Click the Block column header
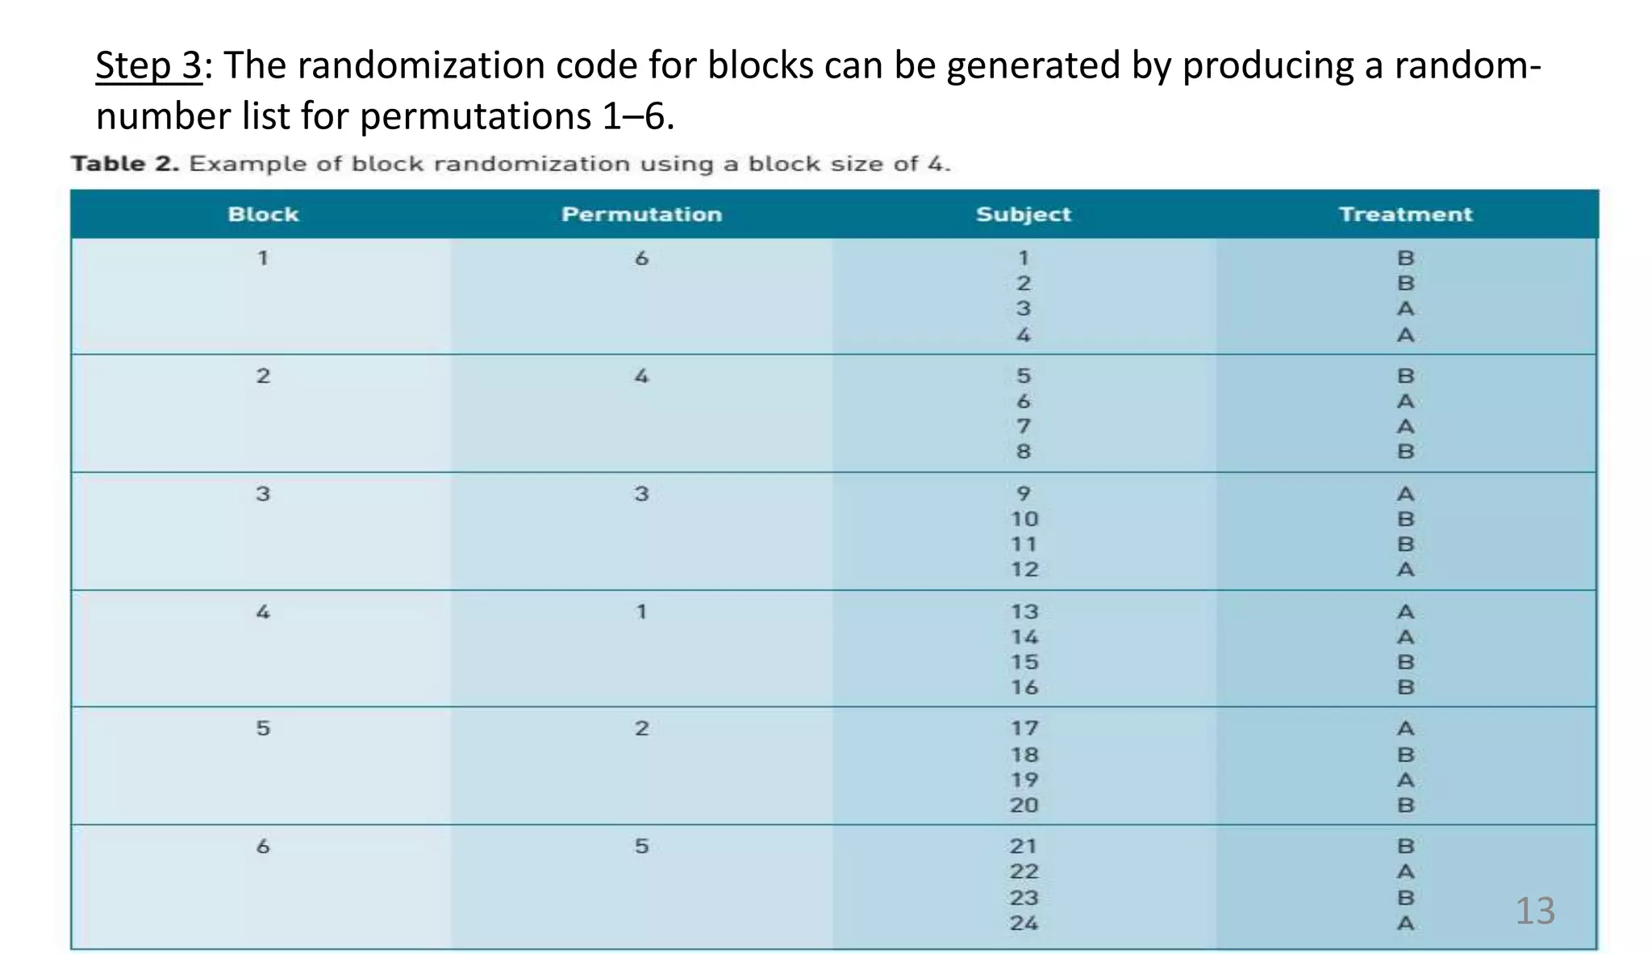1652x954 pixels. [x=263, y=214]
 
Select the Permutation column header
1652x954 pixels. [x=641, y=214]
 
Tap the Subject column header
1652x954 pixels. [x=1023, y=214]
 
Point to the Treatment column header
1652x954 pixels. [x=1405, y=214]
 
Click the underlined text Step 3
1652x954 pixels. [x=148, y=65]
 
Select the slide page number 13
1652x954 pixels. [x=1534, y=910]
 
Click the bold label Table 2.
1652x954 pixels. [x=125, y=164]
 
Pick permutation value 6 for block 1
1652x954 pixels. [x=641, y=258]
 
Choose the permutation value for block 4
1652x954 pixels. [x=641, y=612]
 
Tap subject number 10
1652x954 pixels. [x=1024, y=519]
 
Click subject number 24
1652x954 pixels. [x=1024, y=923]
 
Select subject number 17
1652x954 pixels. [x=1024, y=729]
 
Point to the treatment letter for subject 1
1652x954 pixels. [x=1405, y=258]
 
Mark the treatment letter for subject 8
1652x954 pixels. [x=1405, y=452]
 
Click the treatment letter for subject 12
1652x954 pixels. [x=1405, y=570]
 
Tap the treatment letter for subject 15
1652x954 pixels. [x=1405, y=663]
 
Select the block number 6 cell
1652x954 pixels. [x=263, y=847]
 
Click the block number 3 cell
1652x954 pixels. [x=263, y=494]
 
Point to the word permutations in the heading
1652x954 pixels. [x=475, y=116]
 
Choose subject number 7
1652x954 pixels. [x=1024, y=426]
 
